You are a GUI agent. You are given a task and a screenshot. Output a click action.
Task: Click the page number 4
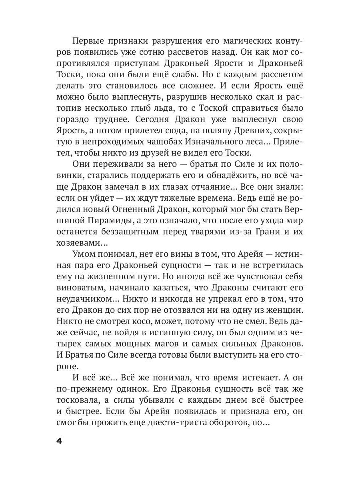coord(59,441)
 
